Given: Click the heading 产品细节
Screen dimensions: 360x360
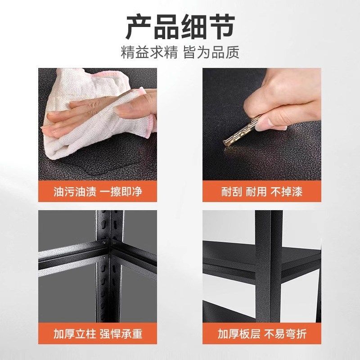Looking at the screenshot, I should point(180,27).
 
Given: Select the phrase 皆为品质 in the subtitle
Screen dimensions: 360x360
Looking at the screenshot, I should point(211,52).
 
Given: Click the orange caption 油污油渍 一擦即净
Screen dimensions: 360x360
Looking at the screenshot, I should point(98,192).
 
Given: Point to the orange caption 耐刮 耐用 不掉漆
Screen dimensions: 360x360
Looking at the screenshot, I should point(262,192).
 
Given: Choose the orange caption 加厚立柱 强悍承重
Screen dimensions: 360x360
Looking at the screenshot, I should point(98,334).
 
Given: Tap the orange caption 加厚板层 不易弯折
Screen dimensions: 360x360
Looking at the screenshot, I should point(262,334).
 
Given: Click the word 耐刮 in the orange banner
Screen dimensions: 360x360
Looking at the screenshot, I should point(232,192).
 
